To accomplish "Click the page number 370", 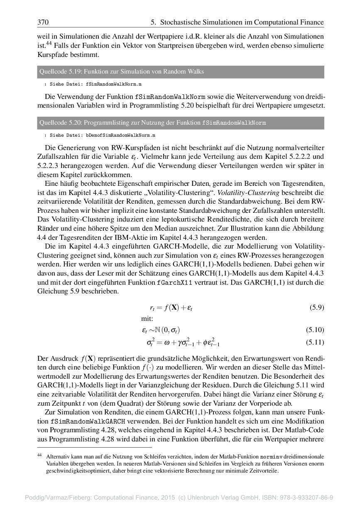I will point(44,22).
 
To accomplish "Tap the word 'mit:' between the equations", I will point(147,319).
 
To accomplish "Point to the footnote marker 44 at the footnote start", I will point(40,456).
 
